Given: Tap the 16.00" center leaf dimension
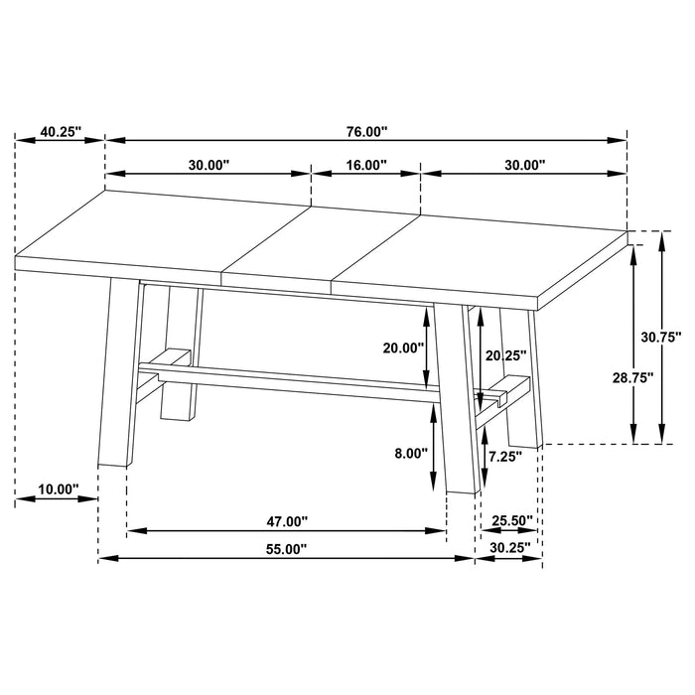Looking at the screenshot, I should pyautogui.click(x=365, y=166).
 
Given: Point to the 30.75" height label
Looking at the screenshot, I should pyautogui.click(x=660, y=338).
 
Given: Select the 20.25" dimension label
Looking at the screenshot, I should pyautogui.click(x=505, y=354).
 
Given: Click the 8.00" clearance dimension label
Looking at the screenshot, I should pyautogui.click(x=410, y=453).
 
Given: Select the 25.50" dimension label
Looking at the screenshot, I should pyautogui.click(x=512, y=520).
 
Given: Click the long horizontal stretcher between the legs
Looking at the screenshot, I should pyautogui.click(x=298, y=378).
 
